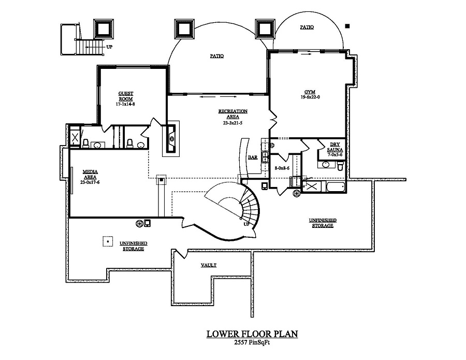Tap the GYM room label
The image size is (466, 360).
pyautogui.click(x=310, y=94)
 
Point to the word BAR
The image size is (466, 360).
pyautogui.click(x=253, y=157)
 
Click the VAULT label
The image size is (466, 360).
pyautogui.click(x=209, y=265)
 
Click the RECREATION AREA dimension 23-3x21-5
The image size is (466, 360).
pyautogui.click(x=233, y=123)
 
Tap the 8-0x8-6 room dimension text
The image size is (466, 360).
pyautogui.click(x=282, y=168)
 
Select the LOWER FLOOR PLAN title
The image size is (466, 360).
pyautogui.click(x=252, y=334)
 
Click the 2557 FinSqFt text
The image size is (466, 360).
pyautogui.click(x=252, y=343)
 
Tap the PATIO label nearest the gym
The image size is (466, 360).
pyautogui.click(x=307, y=27)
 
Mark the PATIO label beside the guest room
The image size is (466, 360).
pyautogui.click(x=216, y=56)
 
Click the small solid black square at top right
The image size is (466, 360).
pyautogui.click(x=347, y=25)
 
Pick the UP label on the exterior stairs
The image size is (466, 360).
pyautogui.click(x=109, y=47)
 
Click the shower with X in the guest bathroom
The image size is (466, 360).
pyautogui.click(x=75, y=138)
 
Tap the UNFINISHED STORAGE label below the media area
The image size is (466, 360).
pyautogui.click(x=133, y=246)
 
